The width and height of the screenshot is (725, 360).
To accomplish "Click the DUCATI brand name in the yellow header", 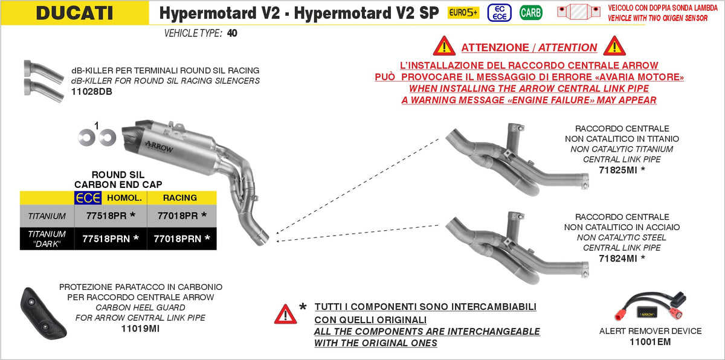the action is pyautogui.click(x=74, y=13).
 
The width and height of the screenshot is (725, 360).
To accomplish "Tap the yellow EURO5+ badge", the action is pyautogui.click(x=463, y=13).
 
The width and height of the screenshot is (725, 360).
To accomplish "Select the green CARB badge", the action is pyautogui.click(x=531, y=13).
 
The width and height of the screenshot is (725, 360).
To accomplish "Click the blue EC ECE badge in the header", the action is pyautogui.click(x=500, y=13).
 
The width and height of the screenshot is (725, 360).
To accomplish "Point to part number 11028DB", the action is pyautogui.click(x=92, y=92).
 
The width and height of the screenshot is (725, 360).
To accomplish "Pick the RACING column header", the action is pyautogui.click(x=180, y=198).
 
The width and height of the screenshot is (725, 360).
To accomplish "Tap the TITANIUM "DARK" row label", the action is pyautogui.click(x=47, y=239).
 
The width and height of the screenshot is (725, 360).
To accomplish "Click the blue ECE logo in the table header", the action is pyautogui.click(x=88, y=198).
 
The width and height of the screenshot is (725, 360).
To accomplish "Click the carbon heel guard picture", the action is pyautogui.click(x=43, y=313).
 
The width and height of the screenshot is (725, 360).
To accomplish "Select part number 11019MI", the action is pyautogui.click(x=140, y=329).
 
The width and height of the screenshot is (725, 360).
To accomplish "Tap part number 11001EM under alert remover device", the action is pyautogui.click(x=650, y=342).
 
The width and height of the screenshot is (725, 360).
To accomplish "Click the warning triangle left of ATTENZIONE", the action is pyautogui.click(x=445, y=46).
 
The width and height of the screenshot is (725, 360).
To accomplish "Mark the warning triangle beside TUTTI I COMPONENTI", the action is pyautogui.click(x=285, y=314).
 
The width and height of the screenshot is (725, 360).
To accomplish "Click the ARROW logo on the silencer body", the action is pyautogui.click(x=159, y=147).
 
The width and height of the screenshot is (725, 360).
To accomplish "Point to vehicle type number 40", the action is pyautogui.click(x=232, y=33).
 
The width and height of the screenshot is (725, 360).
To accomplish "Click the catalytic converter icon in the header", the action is pyautogui.click(x=578, y=12).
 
